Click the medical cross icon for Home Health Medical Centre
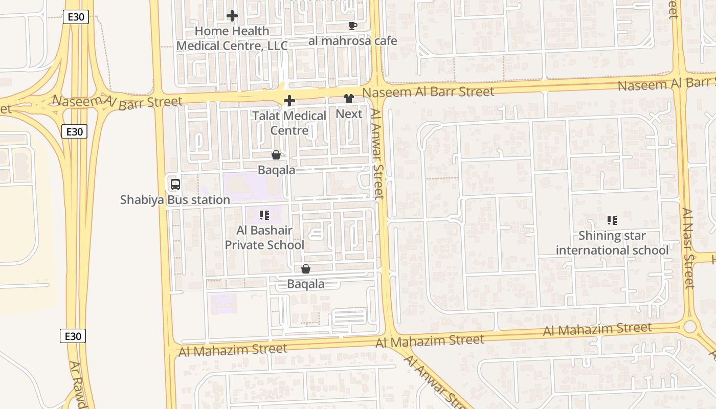(x=232, y=16)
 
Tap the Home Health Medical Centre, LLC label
(x=232, y=38)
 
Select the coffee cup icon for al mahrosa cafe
(x=352, y=26)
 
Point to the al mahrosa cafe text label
(x=352, y=41)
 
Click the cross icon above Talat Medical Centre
(x=289, y=101)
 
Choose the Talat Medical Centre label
(x=289, y=123)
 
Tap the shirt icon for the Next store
(x=349, y=99)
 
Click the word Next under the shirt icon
(x=349, y=114)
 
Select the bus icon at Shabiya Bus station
(x=175, y=185)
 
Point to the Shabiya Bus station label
(x=175, y=200)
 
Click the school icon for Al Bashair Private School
(x=264, y=215)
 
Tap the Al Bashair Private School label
(x=265, y=238)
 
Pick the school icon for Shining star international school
(x=612, y=220)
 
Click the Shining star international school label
(x=612, y=243)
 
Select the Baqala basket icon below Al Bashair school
(x=306, y=269)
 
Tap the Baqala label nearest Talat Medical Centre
(x=276, y=170)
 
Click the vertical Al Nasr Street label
(x=689, y=248)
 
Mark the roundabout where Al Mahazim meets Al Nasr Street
(x=690, y=326)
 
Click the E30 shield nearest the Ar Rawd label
(x=73, y=336)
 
